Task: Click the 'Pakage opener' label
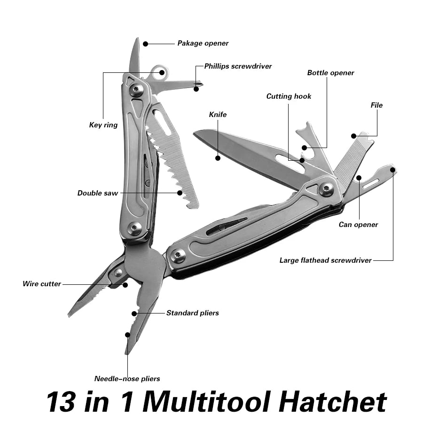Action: tap(203, 43)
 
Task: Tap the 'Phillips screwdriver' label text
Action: tap(238, 66)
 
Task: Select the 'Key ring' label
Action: tap(103, 125)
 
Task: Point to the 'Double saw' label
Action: tap(97, 193)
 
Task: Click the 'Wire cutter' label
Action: tap(42, 284)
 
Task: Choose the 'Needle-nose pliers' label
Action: tap(127, 379)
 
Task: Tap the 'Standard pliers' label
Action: tap(192, 313)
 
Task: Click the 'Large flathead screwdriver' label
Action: tap(325, 260)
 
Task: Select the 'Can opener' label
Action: tap(358, 225)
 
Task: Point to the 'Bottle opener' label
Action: tap(330, 73)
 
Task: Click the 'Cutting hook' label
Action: tap(289, 96)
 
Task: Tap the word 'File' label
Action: tap(376, 105)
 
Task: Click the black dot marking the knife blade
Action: tap(218, 158)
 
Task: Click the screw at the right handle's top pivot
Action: tap(326, 189)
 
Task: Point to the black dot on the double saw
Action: tap(180, 192)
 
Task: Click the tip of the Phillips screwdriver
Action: tap(200, 86)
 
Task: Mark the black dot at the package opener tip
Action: tap(145, 44)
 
